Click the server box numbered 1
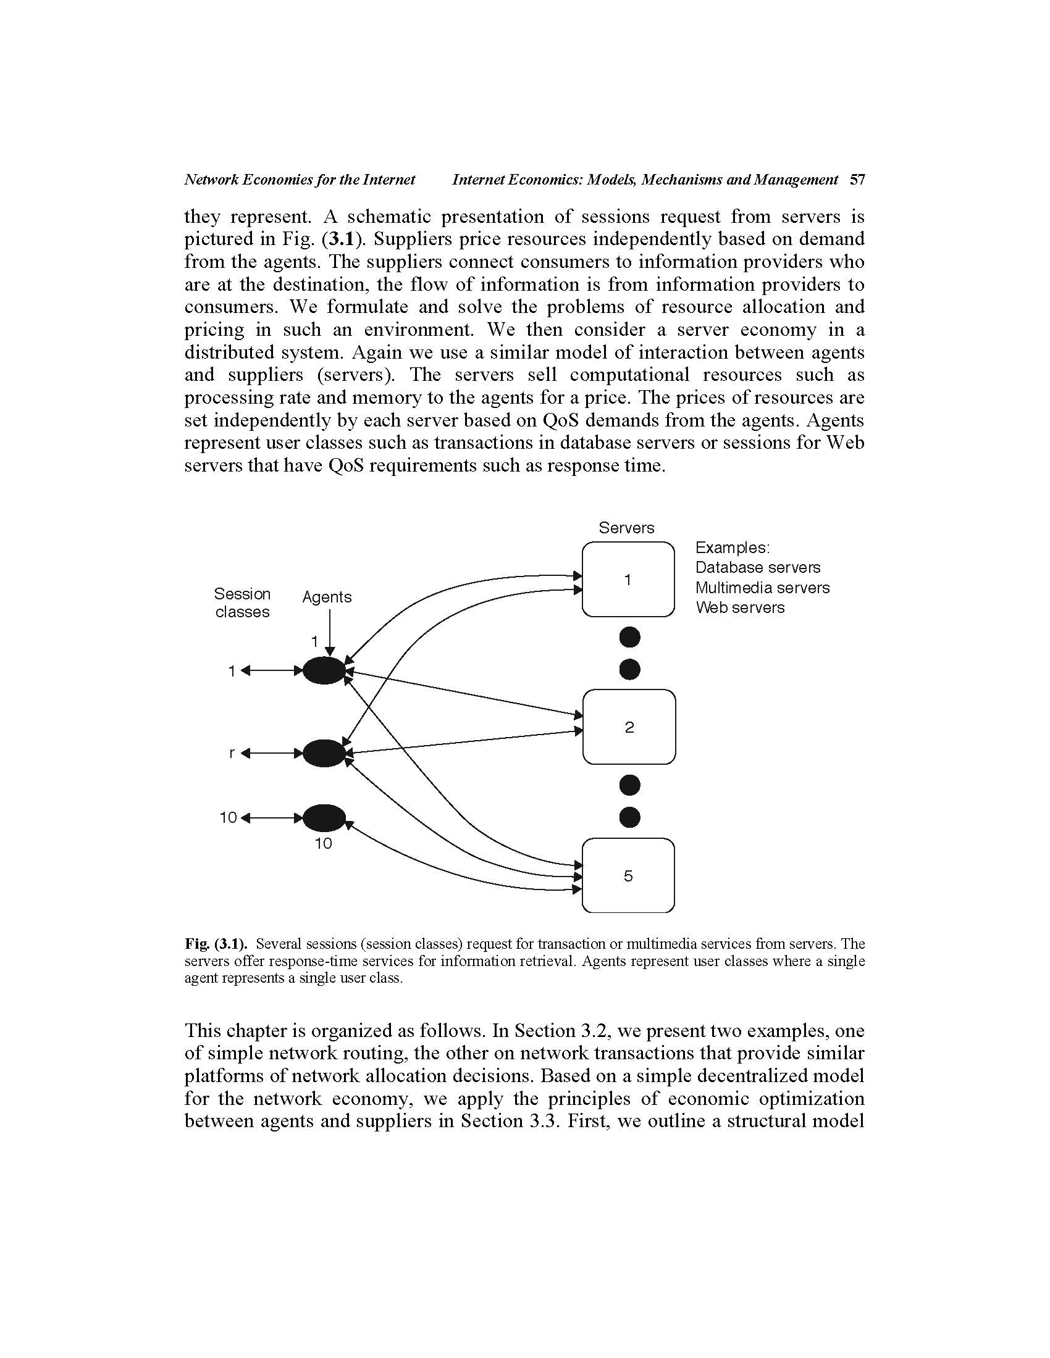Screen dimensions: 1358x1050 click(x=628, y=580)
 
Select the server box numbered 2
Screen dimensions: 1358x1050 click(x=629, y=727)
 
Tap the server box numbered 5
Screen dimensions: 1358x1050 click(x=628, y=875)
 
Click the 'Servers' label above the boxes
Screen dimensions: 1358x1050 click(x=626, y=528)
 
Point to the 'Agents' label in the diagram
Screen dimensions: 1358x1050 click(x=327, y=597)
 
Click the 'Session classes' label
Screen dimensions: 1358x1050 click(x=242, y=602)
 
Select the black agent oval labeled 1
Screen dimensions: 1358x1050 click(x=324, y=670)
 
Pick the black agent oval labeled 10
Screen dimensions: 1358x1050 click(x=324, y=818)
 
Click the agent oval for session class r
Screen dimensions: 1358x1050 click(x=324, y=753)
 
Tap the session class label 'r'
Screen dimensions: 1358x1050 click(x=232, y=753)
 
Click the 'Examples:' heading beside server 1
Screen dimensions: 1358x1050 click(x=732, y=548)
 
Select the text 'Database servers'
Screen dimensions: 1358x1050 click(x=757, y=568)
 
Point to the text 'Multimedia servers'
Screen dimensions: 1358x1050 click(x=762, y=588)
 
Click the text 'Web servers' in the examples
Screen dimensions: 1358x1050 click(x=739, y=607)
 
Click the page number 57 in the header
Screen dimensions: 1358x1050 click(x=857, y=180)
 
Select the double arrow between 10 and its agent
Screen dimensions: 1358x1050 click(x=272, y=818)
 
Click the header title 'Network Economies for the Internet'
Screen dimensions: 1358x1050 click(x=299, y=180)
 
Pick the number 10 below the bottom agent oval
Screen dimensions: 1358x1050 click(x=323, y=844)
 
